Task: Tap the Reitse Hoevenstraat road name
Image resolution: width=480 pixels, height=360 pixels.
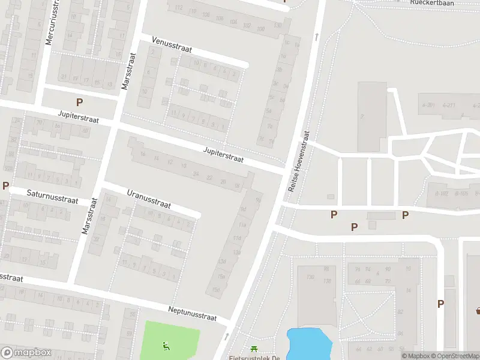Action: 299,162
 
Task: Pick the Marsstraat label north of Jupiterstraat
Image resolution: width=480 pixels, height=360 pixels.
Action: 129,70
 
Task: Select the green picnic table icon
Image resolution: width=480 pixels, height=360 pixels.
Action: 254,349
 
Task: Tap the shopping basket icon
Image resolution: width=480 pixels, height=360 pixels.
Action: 478,310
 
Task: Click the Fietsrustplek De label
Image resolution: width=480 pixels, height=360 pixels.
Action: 255,358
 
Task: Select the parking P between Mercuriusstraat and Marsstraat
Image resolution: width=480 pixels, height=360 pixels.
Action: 79,103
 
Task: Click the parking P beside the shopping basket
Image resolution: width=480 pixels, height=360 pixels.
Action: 440,304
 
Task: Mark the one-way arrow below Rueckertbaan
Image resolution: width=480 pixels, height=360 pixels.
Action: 316,37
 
